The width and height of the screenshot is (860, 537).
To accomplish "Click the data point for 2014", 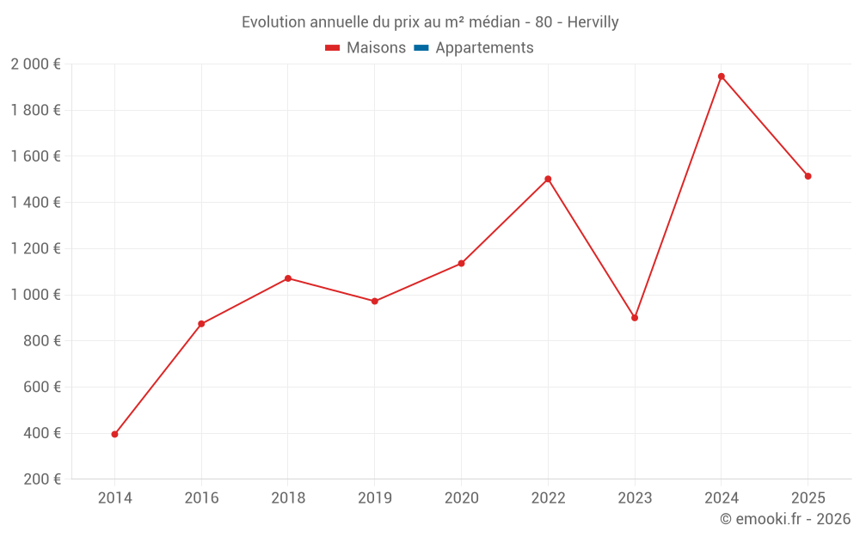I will [114, 434].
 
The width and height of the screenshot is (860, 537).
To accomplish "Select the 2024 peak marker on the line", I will [722, 76].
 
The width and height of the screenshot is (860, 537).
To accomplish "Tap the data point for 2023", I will [635, 318].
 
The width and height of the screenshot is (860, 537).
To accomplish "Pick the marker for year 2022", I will [548, 179].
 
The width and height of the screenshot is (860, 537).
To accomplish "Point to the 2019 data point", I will [375, 302].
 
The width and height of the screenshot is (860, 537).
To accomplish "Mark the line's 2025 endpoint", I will [808, 176].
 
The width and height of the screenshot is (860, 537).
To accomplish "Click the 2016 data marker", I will [201, 324].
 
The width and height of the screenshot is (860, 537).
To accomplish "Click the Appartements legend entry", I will [484, 48].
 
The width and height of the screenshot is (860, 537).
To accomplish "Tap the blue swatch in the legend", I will [421, 48].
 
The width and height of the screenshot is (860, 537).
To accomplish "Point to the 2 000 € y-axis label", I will [35, 64].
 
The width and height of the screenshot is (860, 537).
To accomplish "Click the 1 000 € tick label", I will [35, 295].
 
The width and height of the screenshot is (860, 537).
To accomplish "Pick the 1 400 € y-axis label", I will [35, 202].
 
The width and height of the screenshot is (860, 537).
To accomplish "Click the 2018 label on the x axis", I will [288, 498].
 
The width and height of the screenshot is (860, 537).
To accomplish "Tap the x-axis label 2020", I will [461, 498].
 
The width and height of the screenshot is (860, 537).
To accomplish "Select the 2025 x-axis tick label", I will [808, 498].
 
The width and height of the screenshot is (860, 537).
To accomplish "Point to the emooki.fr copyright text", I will [785, 519].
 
